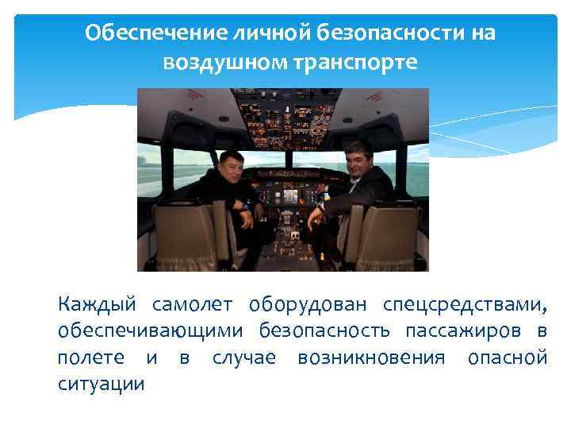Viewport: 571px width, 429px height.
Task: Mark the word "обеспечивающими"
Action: (x=149, y=331)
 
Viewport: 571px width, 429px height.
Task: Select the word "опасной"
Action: (x=508, y=357)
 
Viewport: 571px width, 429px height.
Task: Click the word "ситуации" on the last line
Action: (x=102, y=385)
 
